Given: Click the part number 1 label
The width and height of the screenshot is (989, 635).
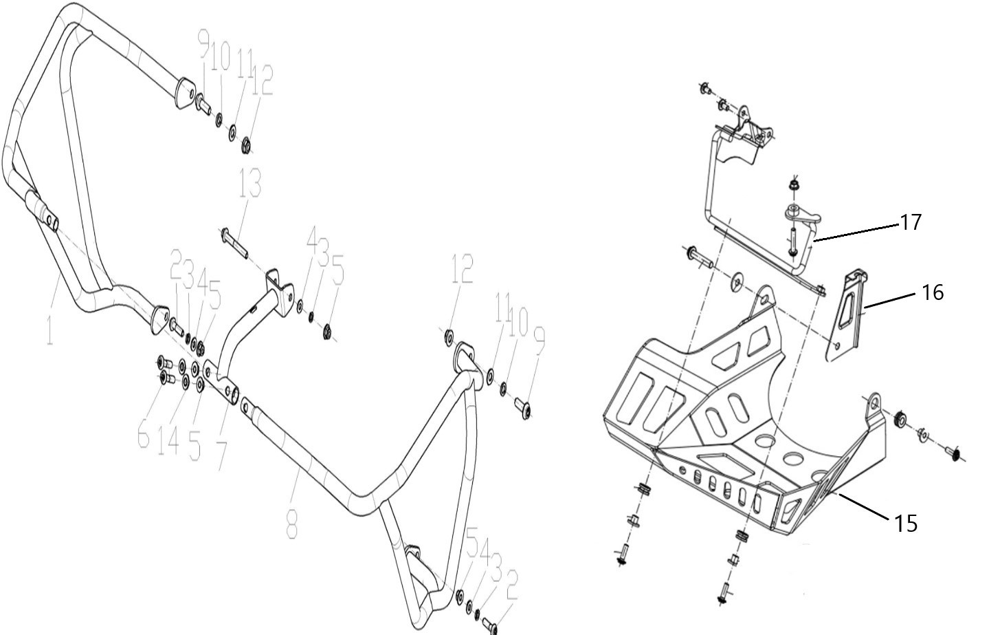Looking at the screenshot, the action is [x=50, y=330].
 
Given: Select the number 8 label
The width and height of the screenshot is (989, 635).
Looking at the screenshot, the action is [x=292, y=524].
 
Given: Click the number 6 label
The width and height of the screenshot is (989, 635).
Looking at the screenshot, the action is [x=143, y=433].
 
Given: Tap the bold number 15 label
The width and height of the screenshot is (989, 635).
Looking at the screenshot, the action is [x=906, y=524].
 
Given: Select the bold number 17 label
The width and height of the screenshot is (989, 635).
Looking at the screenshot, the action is [x=911, y=222].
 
